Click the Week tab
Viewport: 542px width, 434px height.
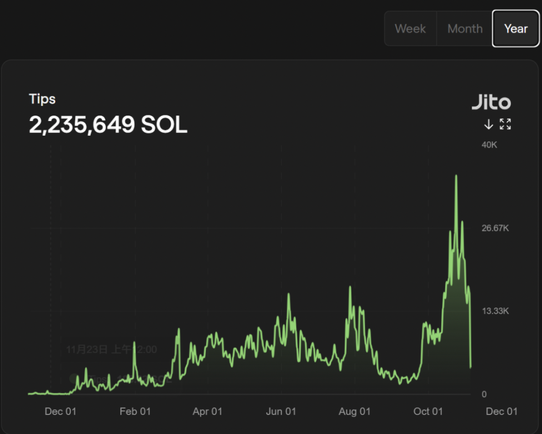[x=410, y=28]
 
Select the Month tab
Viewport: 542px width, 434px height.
[x=464, y=28]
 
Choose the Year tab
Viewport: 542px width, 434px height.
[x=516, y=28]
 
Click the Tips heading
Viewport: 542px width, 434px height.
[x=42, y=99]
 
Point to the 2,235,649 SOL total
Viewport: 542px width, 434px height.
[x=108, y=125]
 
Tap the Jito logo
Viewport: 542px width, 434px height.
[x=491, y=102]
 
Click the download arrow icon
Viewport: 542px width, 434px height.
[x=488, y=124]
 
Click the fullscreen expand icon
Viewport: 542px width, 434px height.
[x=505, y=124]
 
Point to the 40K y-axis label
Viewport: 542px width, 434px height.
[x=489, y=145]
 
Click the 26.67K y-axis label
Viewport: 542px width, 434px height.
[x=495, y=228]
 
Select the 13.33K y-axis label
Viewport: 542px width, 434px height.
[x=495, y=311]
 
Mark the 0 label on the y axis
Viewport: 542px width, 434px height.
[x=484, y=394]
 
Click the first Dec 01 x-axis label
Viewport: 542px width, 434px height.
[x=60, y=412]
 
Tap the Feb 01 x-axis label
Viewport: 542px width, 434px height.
[x=135, y=412]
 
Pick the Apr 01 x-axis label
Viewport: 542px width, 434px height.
[x=207, y=412]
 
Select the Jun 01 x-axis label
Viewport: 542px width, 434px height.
[x=281, y=412]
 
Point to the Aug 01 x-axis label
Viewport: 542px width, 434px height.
[x=355, y=412]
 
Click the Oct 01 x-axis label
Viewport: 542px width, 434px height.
[x=428, y=412]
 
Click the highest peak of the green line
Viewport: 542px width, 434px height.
[x=456, y=176]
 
